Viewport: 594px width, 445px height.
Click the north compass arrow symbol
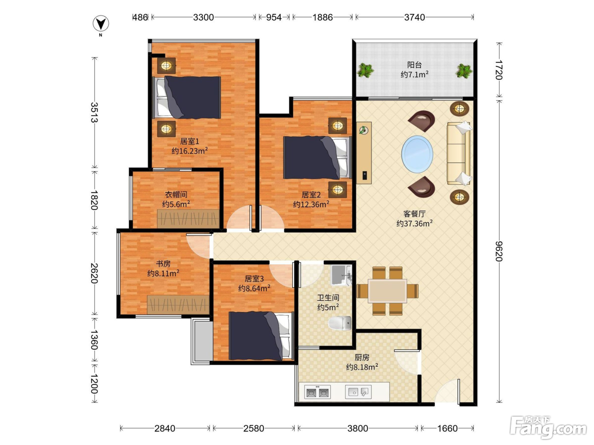101,24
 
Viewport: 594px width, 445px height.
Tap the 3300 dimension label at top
203,17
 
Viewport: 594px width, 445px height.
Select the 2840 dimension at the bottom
165,428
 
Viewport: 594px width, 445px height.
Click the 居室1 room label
190,141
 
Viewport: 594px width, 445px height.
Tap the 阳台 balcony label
414,65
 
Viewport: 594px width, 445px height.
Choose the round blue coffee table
417,154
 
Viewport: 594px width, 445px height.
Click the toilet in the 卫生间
340,323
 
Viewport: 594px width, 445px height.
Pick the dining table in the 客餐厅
387,291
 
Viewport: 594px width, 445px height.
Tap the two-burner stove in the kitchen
317,392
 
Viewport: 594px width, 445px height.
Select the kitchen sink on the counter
358,392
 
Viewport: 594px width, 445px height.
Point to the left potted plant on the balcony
365,70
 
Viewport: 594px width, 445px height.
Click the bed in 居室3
261,336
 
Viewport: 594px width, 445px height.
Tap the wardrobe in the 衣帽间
188,218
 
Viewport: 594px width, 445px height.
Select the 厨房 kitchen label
362,357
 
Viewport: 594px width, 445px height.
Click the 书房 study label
163,264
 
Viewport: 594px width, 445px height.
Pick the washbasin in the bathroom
342,275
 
